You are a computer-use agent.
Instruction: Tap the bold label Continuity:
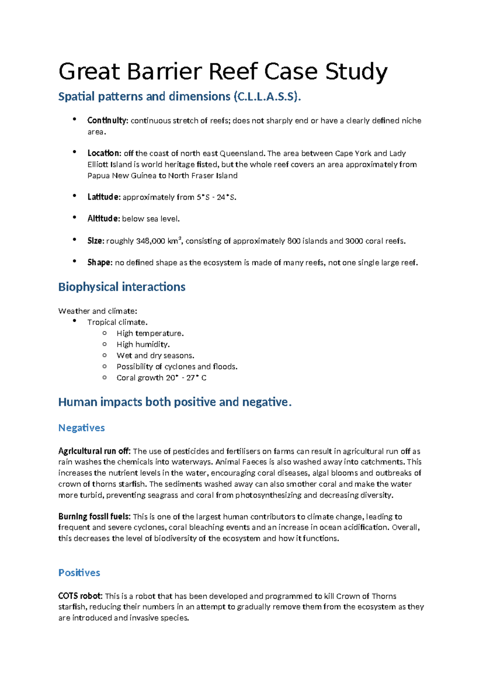(107, 120)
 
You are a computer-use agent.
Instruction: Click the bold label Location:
(104, 153)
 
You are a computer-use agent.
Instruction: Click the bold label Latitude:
(104, 197)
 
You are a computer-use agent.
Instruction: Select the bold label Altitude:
(103, 219)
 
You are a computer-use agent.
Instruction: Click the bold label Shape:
(100, 263)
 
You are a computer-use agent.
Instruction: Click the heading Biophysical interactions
(122, 287)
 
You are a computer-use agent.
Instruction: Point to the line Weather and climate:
(98, 311)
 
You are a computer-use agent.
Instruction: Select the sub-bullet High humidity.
(143, 344)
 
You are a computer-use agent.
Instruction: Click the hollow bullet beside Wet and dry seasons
(105, 355)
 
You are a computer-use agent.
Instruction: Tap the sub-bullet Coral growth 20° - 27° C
(161, 378)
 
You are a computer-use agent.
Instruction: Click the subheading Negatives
(81, 428)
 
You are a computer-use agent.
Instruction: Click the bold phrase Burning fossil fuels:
(94, 516)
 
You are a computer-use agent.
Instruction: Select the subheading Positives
(79, 573)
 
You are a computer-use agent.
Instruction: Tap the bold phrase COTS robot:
(80, 596)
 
